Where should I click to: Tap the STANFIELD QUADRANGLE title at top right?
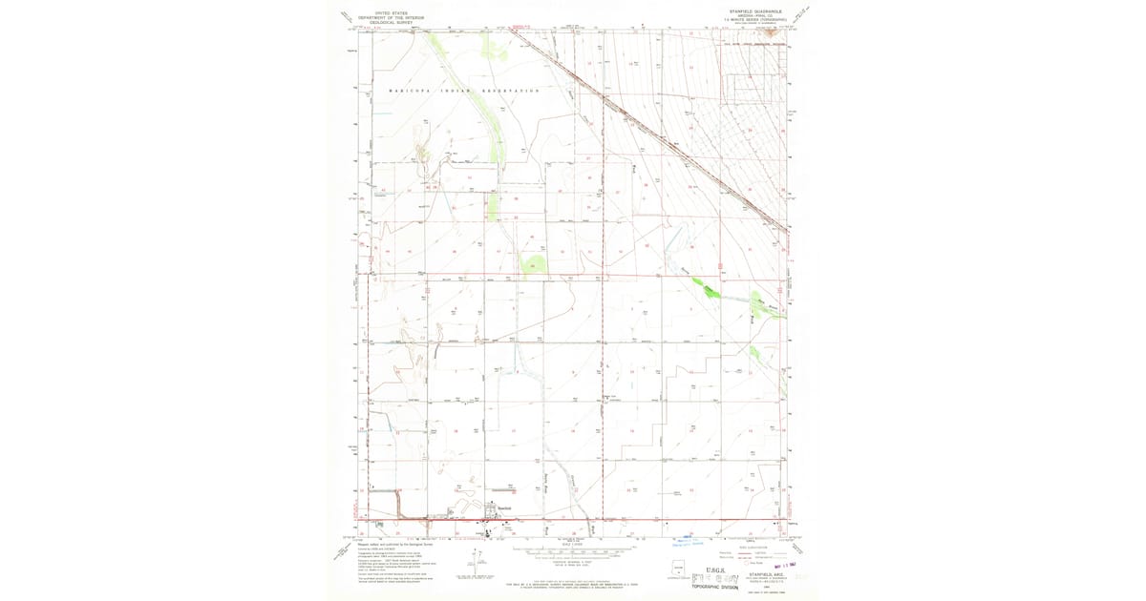point(754,12)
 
